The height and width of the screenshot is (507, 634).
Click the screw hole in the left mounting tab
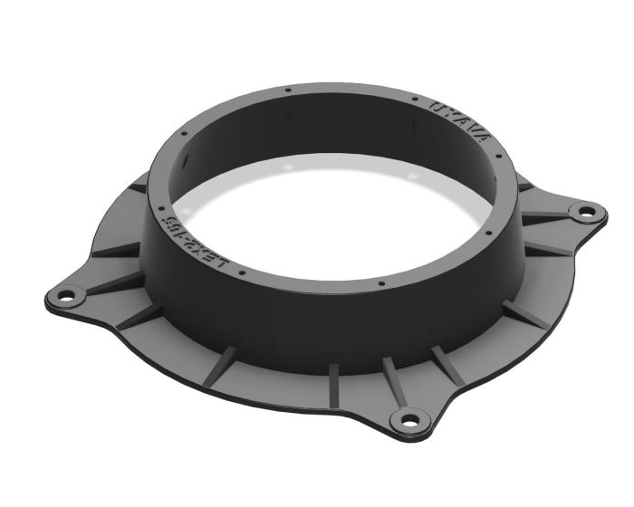pos(66,295)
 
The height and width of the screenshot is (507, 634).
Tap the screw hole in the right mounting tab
pos(585,213)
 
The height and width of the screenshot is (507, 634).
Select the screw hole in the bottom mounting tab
pos(409,419)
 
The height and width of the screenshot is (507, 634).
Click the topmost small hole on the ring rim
pos(287,90)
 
